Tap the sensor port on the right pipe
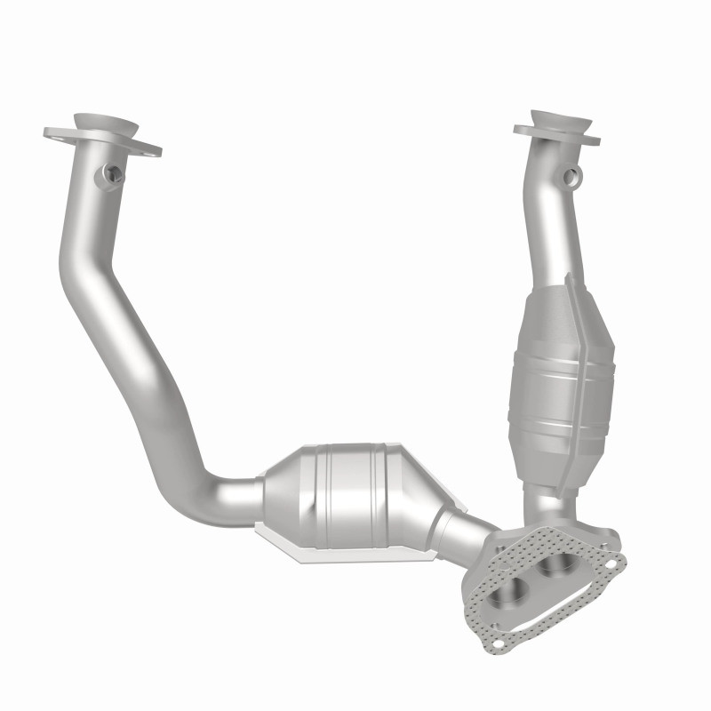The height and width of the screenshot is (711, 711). pos(573,174)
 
